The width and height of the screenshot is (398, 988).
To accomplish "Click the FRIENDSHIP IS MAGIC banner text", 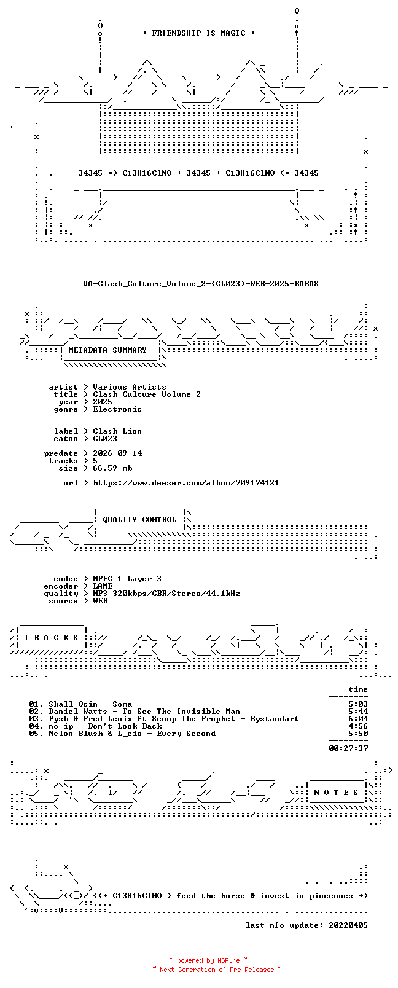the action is click(199, 33).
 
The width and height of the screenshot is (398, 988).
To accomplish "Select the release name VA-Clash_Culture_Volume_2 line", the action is click(201, 284).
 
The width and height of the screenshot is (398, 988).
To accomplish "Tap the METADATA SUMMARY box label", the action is click(107, 350).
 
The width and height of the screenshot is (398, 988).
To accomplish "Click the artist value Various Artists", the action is click(129, 387).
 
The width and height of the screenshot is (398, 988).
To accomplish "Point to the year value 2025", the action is click(102, 402).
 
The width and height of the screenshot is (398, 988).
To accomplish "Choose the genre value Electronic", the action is click(117, 409).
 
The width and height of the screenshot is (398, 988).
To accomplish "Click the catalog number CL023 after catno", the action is click(105, 439).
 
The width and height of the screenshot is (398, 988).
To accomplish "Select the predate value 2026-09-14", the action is click(117, 453).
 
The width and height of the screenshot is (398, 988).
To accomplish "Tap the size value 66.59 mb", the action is click(112, 468).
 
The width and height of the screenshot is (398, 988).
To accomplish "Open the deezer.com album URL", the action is click(186, 483).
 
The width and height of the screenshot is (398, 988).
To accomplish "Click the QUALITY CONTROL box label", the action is click(139, 520).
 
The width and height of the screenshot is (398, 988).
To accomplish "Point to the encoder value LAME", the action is click(103, 586).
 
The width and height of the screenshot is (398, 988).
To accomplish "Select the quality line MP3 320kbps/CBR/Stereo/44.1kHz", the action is click(166, 594).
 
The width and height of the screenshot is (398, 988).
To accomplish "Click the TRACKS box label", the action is click(51, 638).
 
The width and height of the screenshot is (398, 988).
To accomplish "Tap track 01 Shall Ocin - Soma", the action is click(80, 704).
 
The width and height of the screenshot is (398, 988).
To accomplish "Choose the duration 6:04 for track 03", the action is click(358, 719).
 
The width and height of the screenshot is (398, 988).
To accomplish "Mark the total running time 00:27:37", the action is click(348, 748).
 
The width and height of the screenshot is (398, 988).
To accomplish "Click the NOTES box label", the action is click(337, 793).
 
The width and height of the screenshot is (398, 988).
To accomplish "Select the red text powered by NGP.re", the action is click(208, 960).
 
